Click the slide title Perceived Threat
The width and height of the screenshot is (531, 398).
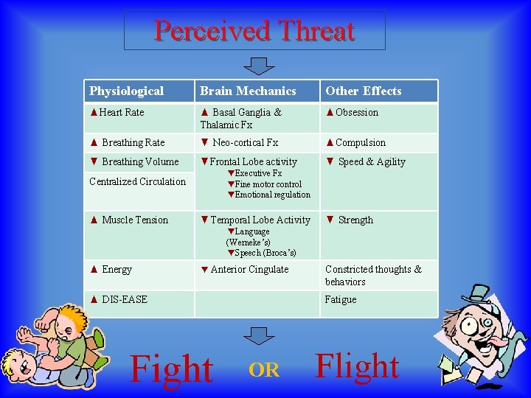(254, 31)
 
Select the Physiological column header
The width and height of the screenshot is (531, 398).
(126, 91)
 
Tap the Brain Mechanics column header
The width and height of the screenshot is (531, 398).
(248, 91)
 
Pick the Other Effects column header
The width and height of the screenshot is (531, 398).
(364, 91)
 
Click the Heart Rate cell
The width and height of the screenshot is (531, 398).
(117, 112)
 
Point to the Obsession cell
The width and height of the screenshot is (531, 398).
(352, 112)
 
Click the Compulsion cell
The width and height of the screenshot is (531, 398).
(355, 142)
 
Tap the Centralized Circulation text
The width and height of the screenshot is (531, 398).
(137, 181)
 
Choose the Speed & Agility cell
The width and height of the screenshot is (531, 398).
(366, 161)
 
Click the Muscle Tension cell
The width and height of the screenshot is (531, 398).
(129, 220)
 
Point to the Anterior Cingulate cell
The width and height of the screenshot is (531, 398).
(244, 269)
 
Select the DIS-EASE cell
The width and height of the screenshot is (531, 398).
(119, 299)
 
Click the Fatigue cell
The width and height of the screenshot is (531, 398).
(341, 299)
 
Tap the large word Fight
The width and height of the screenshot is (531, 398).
(171, 369)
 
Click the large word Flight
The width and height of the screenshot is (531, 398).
(357, 366)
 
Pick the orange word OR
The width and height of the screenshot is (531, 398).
(264, 371)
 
